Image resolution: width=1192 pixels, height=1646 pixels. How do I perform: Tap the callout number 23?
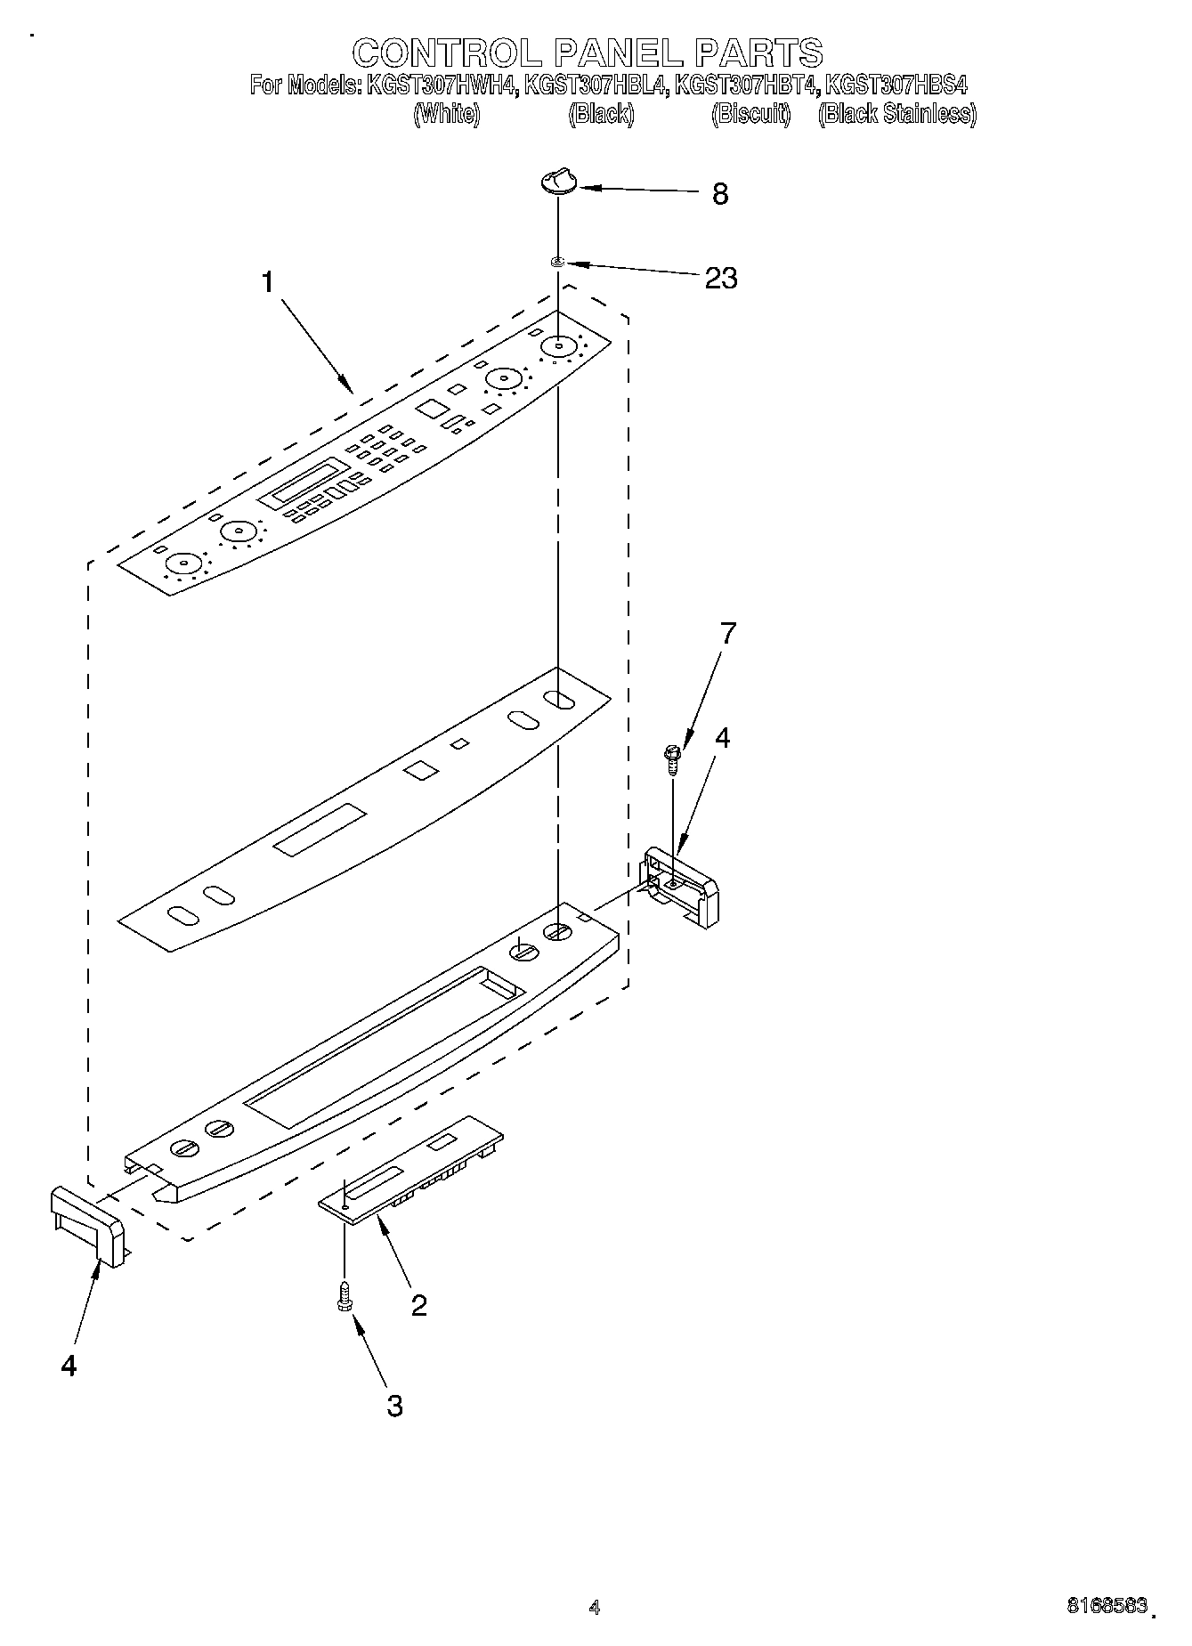tap(720, 278)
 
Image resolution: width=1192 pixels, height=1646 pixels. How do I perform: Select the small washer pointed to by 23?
tap(557, 262)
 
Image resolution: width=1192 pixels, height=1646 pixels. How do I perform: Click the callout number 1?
tap(267, 282)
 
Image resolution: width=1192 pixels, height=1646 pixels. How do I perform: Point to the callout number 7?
tap(727, 634)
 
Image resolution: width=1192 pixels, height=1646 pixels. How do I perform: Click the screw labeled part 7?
tap(672, 758)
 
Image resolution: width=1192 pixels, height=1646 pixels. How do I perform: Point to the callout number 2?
tap(418, 1305)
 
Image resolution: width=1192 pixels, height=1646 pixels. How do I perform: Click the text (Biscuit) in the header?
tap(750, 114)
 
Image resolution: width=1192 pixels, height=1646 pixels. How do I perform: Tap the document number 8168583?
tap(1107, 1605)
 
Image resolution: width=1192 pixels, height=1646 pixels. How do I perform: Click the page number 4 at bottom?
tap(595, 1607)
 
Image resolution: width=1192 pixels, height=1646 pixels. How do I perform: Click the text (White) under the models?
tap(446, 114)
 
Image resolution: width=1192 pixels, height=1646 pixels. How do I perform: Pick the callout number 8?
tap(720, 193)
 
